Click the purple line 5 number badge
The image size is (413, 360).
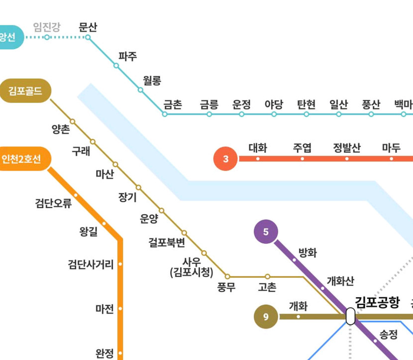pos(266,232)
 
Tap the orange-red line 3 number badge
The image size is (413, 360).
pos(226,159)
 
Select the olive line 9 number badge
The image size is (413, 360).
pos(266,317)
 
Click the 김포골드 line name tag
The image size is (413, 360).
pos(25,91)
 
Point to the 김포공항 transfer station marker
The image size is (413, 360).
pos(350,316)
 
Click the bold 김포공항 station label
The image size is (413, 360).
pos(377,301)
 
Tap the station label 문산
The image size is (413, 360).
pos(88,27)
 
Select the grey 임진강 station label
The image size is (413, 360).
pos(47,27)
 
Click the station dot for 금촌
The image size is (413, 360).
pos(165,114)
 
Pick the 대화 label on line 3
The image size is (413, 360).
pos(258,147)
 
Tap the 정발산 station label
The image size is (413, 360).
pos(347,147)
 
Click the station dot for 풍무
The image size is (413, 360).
pos(227,276)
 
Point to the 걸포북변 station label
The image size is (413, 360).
pos(167,242)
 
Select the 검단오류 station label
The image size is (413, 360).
pos(53,203)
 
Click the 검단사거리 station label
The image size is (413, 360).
pos(91,264)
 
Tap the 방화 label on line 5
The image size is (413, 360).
pos(308,252)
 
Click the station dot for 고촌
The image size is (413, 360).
pos(268,276)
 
